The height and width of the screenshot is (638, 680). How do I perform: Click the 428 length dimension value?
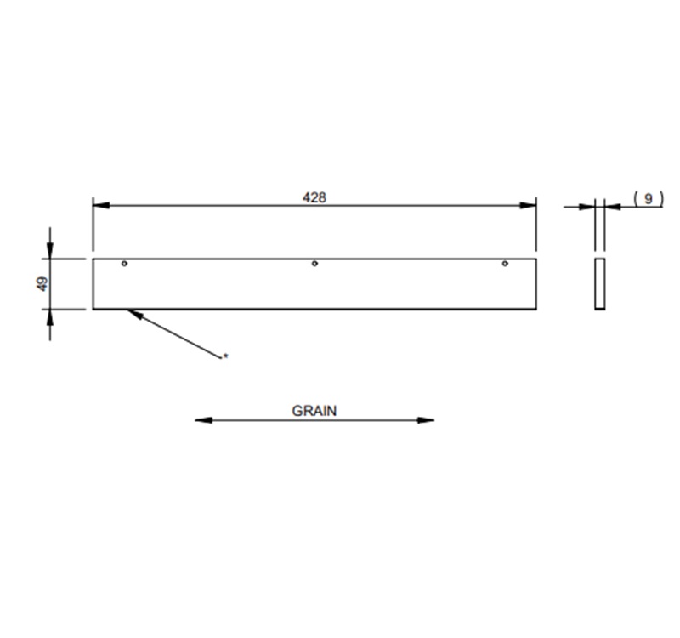point(314,197)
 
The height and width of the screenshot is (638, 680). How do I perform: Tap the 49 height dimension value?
point(42,284)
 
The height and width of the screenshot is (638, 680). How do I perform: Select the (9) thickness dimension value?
point(649,198)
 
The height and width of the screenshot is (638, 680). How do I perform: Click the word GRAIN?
point(314,410)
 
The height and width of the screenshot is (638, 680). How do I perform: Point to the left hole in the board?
point(125,264)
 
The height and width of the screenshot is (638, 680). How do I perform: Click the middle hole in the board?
point(314,264)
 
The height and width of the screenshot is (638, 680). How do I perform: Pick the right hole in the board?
point(504,264)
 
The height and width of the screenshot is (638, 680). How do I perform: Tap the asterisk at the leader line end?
point(225,356)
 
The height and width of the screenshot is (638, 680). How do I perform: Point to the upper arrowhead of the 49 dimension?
point(50,250)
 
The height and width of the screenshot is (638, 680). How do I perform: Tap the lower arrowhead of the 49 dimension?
point(50,316)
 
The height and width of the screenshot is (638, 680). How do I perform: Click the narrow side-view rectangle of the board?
point(600,283)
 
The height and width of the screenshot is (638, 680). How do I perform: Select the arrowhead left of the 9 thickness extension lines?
point(588,205)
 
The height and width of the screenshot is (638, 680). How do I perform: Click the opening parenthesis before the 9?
point(637,198)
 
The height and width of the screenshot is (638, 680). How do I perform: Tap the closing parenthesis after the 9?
point(660,198)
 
